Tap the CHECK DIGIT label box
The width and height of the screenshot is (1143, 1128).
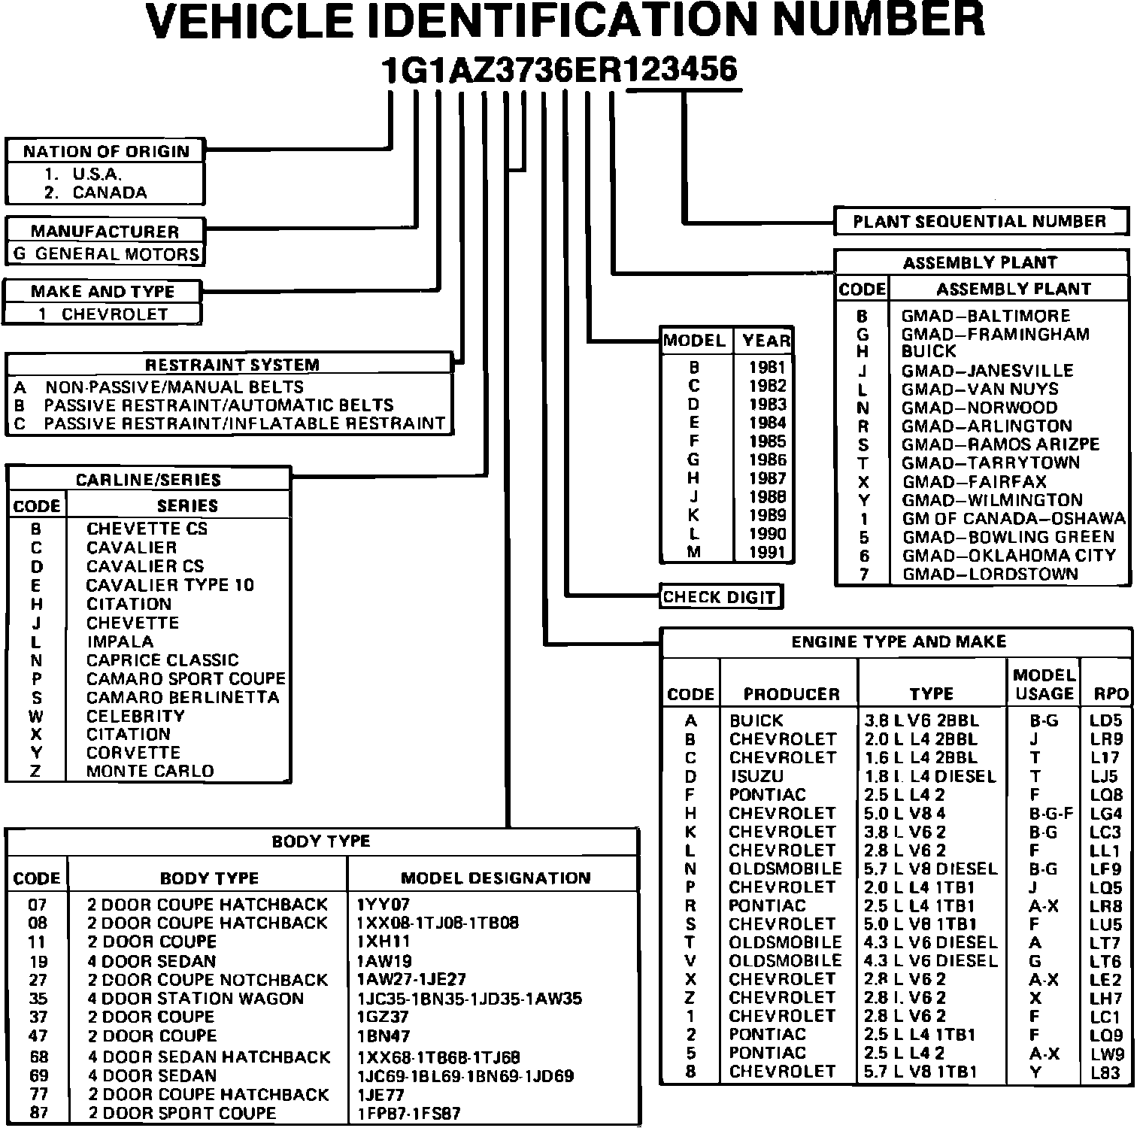[719, 598]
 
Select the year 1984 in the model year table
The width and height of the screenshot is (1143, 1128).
[767, 423]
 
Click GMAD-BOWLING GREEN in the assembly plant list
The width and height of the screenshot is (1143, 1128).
[1008, 537]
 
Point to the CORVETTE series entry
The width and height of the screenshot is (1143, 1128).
[133, 753]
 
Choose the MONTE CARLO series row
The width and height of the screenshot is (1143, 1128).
[150, 772]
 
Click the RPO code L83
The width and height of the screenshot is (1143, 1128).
[1105, 1072]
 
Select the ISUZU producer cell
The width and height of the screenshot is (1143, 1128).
[756, 776]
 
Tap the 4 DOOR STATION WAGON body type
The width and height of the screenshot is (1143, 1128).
[196, 999]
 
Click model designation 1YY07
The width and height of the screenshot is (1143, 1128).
[384, 905]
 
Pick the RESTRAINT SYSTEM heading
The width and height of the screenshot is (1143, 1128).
[232, 365]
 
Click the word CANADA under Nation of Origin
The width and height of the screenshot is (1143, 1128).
[110, 193]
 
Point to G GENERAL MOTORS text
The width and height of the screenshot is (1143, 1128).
[106, 254]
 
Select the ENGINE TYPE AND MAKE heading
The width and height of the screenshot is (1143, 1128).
[898, 642]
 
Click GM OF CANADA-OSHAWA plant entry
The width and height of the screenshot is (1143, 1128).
[1014, 519]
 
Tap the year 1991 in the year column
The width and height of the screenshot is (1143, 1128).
[767, 552]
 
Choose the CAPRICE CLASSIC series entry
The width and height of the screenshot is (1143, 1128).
[162, 660]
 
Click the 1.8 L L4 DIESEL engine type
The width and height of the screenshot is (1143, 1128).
[930, 776]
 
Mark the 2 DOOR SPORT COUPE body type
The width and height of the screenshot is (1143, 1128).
[182, 1113]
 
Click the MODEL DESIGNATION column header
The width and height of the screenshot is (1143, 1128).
[495, 878]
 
